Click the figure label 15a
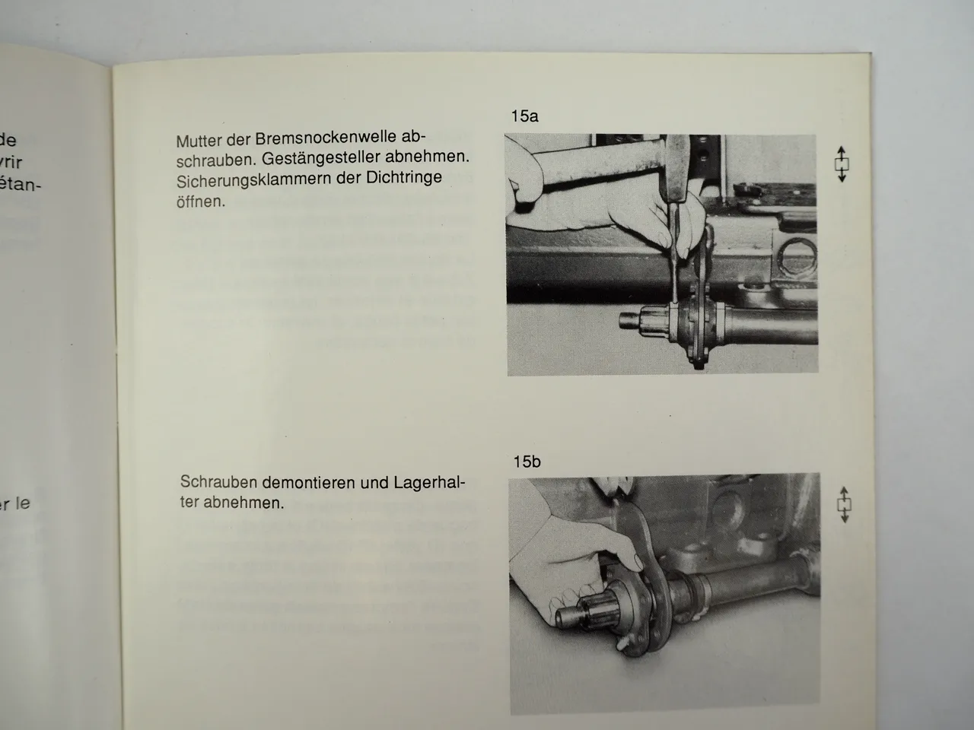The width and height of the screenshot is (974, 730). coord(524,116)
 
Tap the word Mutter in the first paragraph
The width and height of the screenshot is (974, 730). coord(199,141)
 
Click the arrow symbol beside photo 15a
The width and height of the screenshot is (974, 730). coord(841,164)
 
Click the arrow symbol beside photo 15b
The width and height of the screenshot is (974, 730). coord(843,503)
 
